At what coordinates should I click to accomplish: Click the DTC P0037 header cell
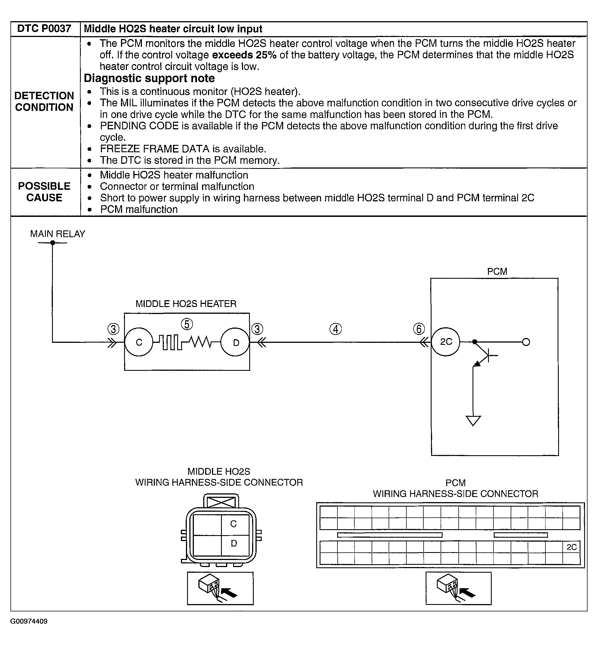coord(44,29)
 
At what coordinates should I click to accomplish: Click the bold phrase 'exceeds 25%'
coord(244,55)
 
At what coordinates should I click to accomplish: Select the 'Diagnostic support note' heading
coord(149,78)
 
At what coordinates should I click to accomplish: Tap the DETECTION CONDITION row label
coord(44,101)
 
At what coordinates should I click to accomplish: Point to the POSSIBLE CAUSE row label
coord(44,192)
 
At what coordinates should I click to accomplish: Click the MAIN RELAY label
coord(58,234)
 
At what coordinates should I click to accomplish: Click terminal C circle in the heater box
coord(139,342)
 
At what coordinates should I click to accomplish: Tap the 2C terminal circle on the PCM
coord(446,342)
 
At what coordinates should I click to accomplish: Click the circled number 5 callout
coord(187,324)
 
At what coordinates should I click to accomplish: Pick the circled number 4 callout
coord(335,329)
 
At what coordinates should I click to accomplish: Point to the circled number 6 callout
coord(419,329)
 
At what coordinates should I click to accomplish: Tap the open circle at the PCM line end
coord(526,342)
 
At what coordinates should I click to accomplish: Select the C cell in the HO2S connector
coord(234,524)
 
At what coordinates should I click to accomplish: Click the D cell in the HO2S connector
coord(234,543)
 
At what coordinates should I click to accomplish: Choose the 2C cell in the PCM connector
coord(571,547)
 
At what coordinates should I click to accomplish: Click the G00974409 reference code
coord(29,621)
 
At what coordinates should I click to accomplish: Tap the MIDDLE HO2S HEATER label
coord(186,304)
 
